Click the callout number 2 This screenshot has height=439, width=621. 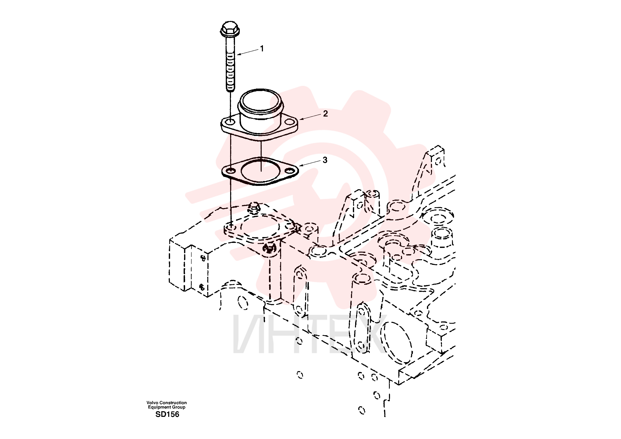pos(325,114)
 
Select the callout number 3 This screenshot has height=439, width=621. pos(325,160)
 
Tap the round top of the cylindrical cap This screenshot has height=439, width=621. pos(260,102)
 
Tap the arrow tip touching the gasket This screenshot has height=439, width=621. pos(299,166)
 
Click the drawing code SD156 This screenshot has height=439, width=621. pos(167,414)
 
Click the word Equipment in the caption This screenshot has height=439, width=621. pos(160,407)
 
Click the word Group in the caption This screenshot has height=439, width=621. pos(179,407)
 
